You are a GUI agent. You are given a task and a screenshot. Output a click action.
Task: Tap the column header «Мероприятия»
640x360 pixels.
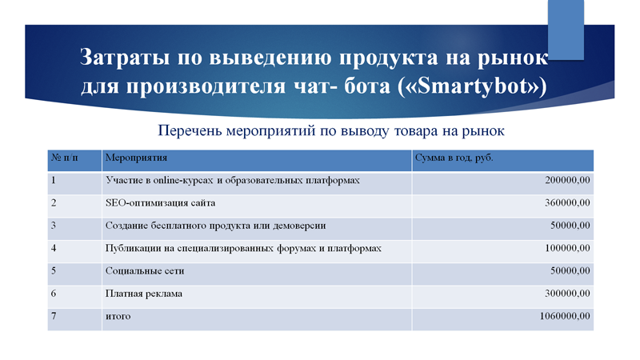pyautogui.click(x=136, y=158)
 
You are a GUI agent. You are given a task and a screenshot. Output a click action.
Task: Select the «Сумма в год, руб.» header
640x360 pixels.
pyautogui.click(x=454, y=158)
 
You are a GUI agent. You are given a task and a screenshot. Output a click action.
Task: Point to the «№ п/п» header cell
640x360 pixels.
pyautogui.click(x=65, y=158)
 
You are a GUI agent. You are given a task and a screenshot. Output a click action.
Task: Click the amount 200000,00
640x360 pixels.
pyautogui.click(x=567, y=180)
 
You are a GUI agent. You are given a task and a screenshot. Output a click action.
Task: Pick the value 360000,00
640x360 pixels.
pyautogui.click(x=567, y=203)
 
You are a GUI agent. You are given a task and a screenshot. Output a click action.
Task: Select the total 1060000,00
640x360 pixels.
pyautogui.click(x=565, y=316)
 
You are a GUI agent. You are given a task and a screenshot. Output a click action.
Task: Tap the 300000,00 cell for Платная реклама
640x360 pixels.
pyautogui.click(x=567, y=294)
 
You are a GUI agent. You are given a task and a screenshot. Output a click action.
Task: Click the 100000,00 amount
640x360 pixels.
pyautogui.click(x=567, y=248)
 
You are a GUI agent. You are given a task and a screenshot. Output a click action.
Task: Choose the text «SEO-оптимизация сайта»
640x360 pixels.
pyautogui.click(x=161, y=203)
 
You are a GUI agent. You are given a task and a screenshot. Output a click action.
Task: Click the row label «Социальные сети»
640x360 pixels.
pyautogui.click(x=145, y=271)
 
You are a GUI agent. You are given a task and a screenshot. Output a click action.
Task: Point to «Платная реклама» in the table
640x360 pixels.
pyautogui.click(x=144, y=294)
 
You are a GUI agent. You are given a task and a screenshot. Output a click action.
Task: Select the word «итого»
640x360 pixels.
pyautogui.click(x=118, y=316)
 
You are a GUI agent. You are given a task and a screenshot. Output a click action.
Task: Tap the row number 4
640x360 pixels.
pyautogui.click(x=54, y=248)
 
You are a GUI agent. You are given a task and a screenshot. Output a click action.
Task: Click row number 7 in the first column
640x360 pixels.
pyautogui.click(x=54, y=316)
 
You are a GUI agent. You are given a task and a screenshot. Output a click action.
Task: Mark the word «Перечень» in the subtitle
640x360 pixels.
pyautogui.click(x=190, y=131)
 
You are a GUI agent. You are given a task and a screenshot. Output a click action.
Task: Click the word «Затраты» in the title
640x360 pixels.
pyautogui.click(x=125, y=57)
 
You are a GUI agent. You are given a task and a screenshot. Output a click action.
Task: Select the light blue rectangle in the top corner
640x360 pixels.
pyautogui.click(x=566, y=30)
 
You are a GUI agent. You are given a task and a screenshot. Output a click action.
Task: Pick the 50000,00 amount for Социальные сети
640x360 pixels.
pyautogui.click(x=570, y=270)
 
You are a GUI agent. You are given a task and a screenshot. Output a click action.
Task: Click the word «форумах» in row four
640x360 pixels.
pyautogui.click(x=296, y=249)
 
